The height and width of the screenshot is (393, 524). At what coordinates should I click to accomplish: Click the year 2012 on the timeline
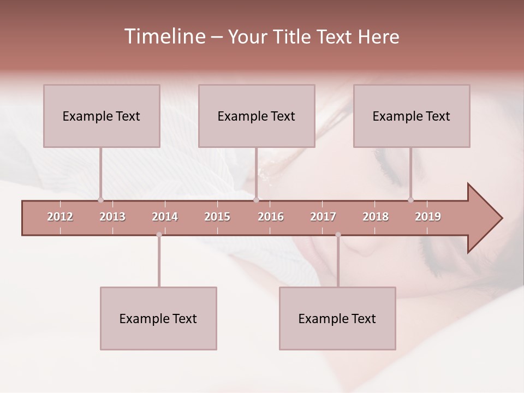coord(60,217)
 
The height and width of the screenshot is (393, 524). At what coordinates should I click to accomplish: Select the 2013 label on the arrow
coord(112,217)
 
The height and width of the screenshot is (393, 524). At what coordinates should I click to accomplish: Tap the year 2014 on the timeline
coord(165,217)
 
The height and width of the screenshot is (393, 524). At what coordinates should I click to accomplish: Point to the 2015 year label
coord(217,217)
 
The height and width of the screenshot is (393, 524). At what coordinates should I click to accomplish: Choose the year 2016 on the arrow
coord(271,217)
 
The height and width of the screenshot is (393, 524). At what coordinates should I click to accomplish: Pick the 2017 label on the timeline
coord(323,217)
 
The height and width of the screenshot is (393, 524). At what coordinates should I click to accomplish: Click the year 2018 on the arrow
coord(376,217)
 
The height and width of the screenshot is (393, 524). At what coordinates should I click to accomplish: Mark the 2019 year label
coord(428,217)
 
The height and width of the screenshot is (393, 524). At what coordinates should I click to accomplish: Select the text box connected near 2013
coord(102,116)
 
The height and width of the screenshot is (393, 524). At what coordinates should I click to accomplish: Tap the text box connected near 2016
coord(257,116)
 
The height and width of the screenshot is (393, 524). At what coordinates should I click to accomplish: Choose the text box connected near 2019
coord(412,116)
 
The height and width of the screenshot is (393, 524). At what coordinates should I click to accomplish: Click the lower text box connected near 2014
coord(158,318)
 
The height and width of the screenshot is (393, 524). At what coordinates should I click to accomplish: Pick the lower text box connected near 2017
coord(337,318)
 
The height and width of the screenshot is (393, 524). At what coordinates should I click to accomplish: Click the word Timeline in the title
coord(164,37)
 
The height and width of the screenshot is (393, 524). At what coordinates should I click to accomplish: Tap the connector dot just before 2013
coord(100,200)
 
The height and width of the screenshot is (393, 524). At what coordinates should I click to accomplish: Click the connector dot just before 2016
coord(256,200)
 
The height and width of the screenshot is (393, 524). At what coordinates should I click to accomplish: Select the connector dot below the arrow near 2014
coord(159,235)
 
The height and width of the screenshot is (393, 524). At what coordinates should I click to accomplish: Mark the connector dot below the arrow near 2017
coord(338,235)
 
